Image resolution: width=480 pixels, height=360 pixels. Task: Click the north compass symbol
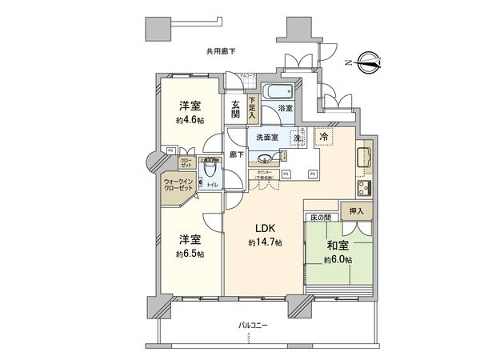point(369,61)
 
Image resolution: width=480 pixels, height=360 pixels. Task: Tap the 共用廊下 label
point(221,51)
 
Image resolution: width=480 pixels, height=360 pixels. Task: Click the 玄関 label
point(236,110)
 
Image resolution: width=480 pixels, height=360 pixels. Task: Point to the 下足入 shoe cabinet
point(253,107)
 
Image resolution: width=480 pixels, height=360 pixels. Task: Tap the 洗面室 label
point(267,137)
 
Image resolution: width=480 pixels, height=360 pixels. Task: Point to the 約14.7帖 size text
point(263,242)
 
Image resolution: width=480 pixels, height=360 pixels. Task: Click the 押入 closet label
point(356,210)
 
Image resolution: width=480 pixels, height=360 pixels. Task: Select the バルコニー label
point(252,326)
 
